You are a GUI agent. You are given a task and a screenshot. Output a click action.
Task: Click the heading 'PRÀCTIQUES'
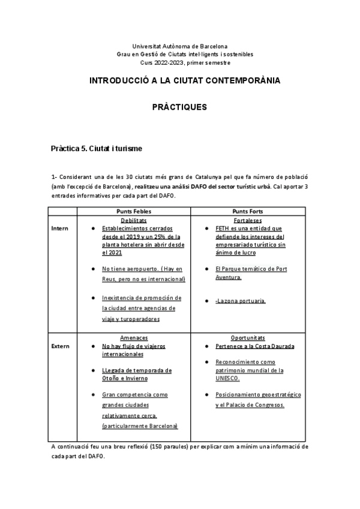pos(180,107)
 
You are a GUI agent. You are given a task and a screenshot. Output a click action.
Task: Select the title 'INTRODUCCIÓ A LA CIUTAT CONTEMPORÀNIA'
pos(180,80)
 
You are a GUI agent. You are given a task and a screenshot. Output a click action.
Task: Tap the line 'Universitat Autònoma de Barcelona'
pos(180,46)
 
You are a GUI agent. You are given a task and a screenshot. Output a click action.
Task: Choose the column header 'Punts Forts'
pos(248,211)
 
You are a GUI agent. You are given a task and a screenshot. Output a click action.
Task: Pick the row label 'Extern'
pos(60,346)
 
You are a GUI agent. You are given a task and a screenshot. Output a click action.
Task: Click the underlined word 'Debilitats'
pos(134,220)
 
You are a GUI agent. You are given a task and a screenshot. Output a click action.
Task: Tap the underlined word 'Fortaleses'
pos(248,220)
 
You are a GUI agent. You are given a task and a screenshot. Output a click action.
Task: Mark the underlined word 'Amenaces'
pos(134,338)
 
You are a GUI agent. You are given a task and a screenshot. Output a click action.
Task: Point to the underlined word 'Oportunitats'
pos(248,338)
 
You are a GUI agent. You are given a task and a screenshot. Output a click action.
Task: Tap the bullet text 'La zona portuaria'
pos(241,301)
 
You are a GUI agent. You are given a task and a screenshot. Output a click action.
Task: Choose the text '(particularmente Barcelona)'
pos(140,426)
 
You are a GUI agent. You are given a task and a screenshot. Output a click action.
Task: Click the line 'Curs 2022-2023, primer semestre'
pos(180,62)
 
